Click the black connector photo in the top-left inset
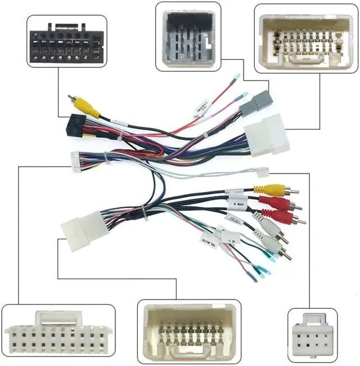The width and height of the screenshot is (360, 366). point(66,42)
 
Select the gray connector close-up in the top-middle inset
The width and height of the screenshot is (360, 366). point(188,35)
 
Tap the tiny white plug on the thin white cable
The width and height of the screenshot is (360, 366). point(262,173)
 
